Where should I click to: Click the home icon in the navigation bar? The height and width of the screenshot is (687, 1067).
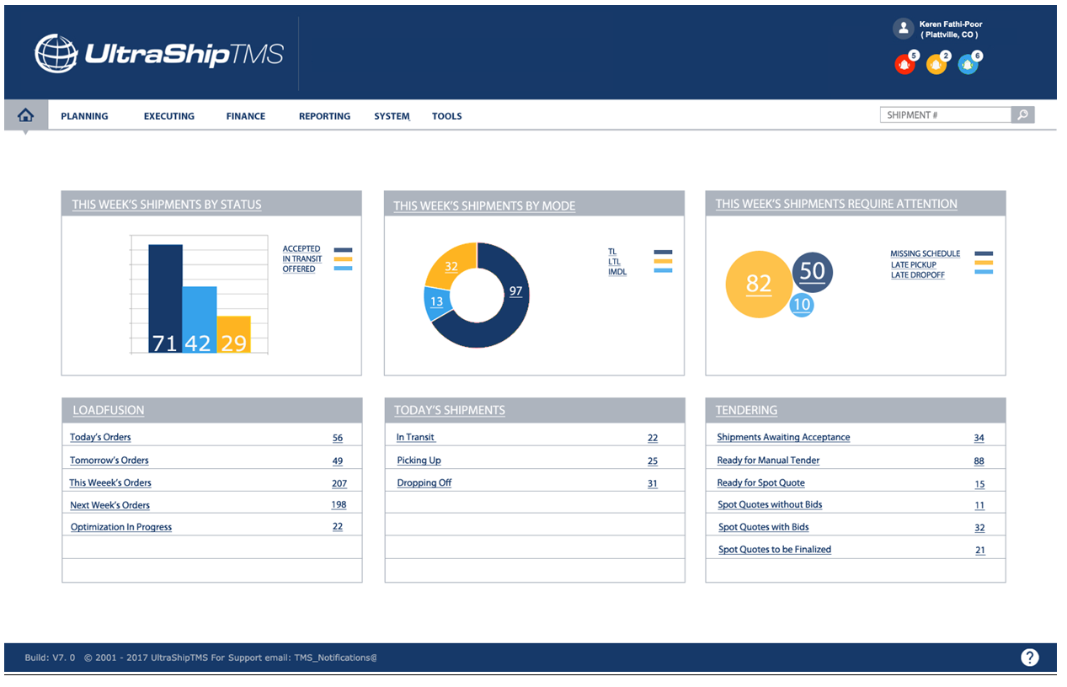25,115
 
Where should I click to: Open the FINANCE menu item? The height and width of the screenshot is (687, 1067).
246,116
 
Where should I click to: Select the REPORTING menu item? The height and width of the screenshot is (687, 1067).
324,116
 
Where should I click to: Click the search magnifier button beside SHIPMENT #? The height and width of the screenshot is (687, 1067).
1022,115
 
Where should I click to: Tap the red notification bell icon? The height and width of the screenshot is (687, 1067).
904,64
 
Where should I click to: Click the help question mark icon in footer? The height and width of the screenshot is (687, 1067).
1029,658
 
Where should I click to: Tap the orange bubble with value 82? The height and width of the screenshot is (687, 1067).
758,285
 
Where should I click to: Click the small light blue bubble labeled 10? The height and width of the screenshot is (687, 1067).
802,305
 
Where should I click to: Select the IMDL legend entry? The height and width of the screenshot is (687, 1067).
617,272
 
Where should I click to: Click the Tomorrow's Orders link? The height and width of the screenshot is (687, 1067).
109,461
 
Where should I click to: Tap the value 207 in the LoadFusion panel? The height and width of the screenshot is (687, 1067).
339,483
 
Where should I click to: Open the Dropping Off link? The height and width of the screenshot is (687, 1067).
424,483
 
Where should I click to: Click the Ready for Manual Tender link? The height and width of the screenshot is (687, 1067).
768,461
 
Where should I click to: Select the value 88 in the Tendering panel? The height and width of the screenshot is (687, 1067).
979,461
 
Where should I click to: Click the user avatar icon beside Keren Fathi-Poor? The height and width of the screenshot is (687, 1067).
904,29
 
